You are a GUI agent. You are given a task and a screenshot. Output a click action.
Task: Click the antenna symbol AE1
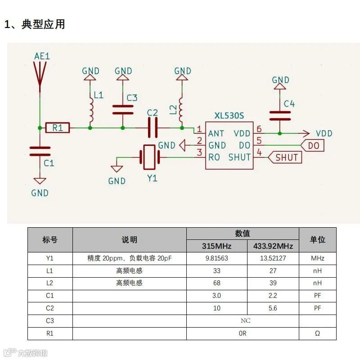pyautogui.click(x=40, y=74)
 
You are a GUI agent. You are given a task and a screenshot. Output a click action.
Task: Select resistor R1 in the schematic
pyautogui.click(x=58, y=128)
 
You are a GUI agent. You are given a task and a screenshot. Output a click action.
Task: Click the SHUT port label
pyautogui.click(x=285, y=157)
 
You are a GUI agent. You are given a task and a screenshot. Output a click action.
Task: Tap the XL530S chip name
pyautogui.click(x=229, y=116)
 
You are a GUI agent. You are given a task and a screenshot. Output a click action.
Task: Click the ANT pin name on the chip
pyautogui.click(x=216, y=133)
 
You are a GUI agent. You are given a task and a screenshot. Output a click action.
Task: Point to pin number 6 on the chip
pyautogui.click(x=259, y=129)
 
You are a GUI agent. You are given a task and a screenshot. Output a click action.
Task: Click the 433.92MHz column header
pyautogui.click(x=273, y=246)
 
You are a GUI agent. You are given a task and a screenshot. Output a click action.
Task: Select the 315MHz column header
pyautogui.click(x=216, y=246)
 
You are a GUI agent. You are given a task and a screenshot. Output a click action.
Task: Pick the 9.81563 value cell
pyautogui.click(x=216, y=258)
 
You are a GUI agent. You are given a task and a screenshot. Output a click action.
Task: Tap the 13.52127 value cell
pyautogui.click(x=273, y=258)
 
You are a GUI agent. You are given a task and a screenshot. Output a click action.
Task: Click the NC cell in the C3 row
pyautogui.click(x=245, y=320)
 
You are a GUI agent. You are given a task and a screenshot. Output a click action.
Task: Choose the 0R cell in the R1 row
pyautogui.click(x=243, y=333)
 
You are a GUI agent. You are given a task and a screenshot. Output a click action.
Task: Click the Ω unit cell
pyautogui.click(x=317, y=333)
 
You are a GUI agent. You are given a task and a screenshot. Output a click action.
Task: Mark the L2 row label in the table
pyautogui.click(x=50, y=283)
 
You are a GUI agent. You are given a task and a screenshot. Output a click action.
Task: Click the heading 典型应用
pyautogui.click(x=43, y=24)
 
